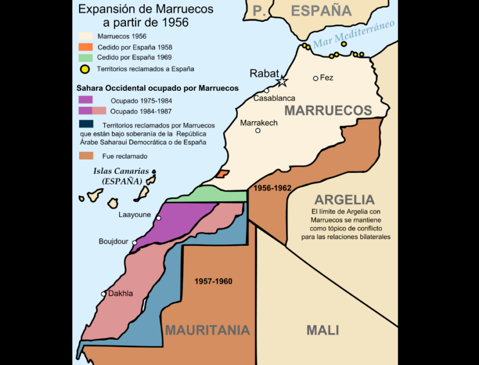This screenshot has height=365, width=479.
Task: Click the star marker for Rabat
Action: (282, 81)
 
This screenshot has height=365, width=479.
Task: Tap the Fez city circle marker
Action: (315, 78)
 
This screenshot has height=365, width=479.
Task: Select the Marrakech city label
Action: (258, 123)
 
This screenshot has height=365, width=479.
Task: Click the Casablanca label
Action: (274, 98)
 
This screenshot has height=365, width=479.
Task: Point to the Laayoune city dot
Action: (159, 218)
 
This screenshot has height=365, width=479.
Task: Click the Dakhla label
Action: (121, 294)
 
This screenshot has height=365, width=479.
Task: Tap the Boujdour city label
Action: (114, 241)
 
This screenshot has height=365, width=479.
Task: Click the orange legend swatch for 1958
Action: (85, 47)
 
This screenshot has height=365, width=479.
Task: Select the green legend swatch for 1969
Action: (85, 57)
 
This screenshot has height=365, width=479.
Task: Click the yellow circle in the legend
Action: (85, 70)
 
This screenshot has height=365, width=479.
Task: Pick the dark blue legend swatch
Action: (85, 124)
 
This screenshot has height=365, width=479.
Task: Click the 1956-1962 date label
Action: (272, 188)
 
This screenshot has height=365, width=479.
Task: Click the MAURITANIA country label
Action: (207, 330)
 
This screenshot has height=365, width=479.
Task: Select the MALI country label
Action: (322, 330)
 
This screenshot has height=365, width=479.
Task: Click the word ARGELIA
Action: (344, 199)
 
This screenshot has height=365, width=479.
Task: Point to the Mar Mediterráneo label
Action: (354, 34)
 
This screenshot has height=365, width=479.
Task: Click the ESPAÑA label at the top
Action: (321, 10)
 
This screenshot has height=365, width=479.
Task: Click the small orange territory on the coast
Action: (222, 174)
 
